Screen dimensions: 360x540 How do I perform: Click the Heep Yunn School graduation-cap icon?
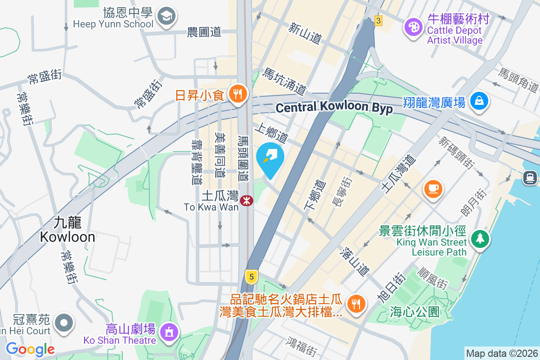coord(166,17)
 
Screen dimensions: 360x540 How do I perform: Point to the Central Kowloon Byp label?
coord(334,108)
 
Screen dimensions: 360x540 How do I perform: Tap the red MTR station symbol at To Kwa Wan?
coord(246,201)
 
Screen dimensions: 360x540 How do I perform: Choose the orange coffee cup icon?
coord(433,188)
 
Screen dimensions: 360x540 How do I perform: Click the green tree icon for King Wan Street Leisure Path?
coord(480,238)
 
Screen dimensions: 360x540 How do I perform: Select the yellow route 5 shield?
coord(251,276)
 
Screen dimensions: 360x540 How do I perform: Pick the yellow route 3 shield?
coord(378,21)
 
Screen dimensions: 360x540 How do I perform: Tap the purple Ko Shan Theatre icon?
coord(169,333)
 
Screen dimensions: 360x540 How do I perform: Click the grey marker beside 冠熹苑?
coord(64,323)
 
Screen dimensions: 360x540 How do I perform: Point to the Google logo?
coord(30,349)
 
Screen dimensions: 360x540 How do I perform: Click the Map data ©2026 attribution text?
coord(501,353)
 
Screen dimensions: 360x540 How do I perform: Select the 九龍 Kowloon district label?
coord(67,230)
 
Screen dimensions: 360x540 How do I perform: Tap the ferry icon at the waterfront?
coord(530,177)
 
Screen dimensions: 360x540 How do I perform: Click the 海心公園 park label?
coord(414,311)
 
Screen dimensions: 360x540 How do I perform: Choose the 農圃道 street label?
coord(204,32)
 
